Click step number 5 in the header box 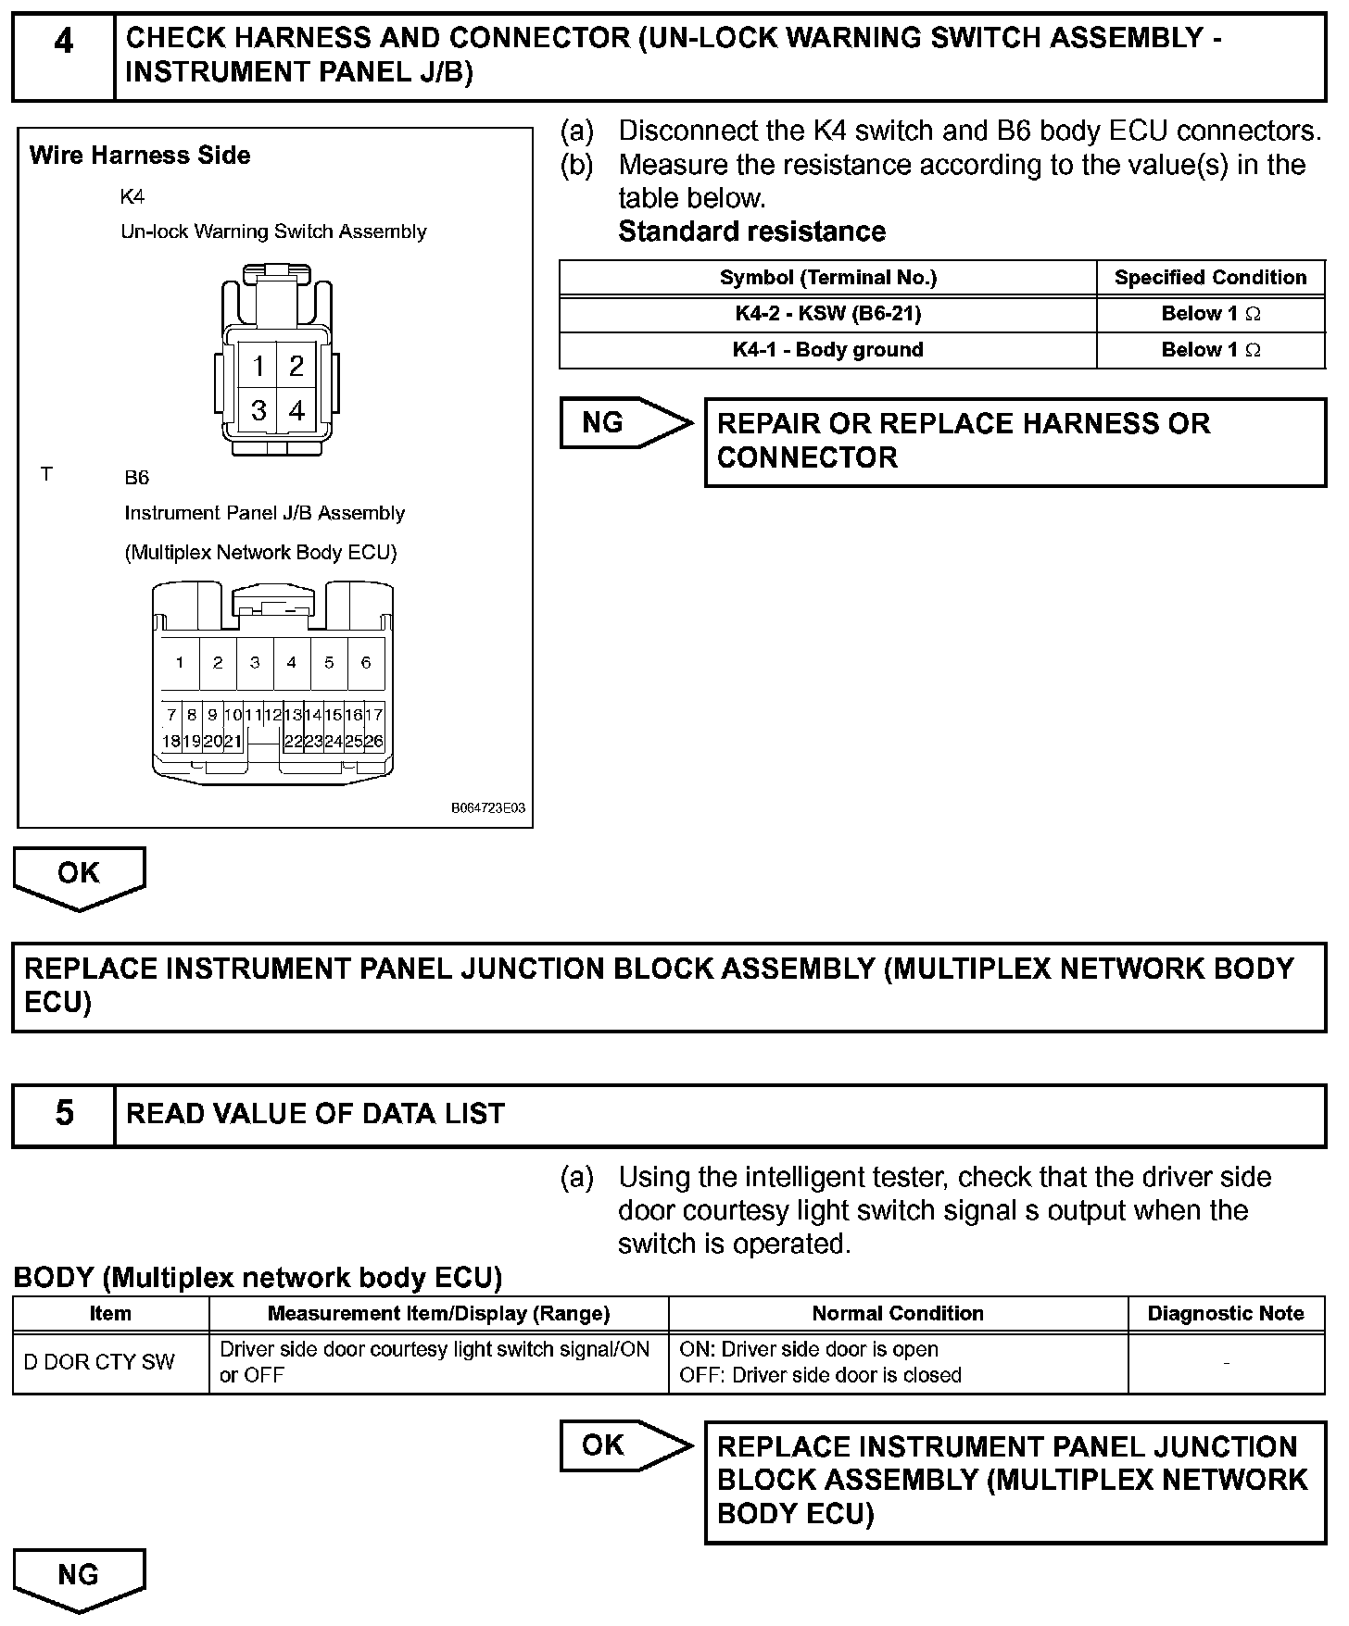click(64, 1114)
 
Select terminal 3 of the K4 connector click(258, 409)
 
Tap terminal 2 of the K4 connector click(296, 366)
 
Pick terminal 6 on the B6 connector click(366, 663)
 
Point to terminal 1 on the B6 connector click(180, 663)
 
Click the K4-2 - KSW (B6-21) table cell click(827, 314)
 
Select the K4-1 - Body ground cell click(827, 350)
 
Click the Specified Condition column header click(1210, 278)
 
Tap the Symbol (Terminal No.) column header click(827, 278)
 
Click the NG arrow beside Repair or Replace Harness click(624, 424)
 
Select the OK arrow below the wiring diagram click(79, 876)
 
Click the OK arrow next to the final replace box click(624, 1445)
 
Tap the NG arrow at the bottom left click(79, 1577)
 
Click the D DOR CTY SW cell click(99, 1362)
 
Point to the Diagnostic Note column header click(1225, 1314)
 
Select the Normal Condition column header click(897, 1314)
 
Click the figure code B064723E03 click(488, 808)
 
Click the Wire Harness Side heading click(140, 156)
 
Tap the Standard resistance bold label click(751, 231)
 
